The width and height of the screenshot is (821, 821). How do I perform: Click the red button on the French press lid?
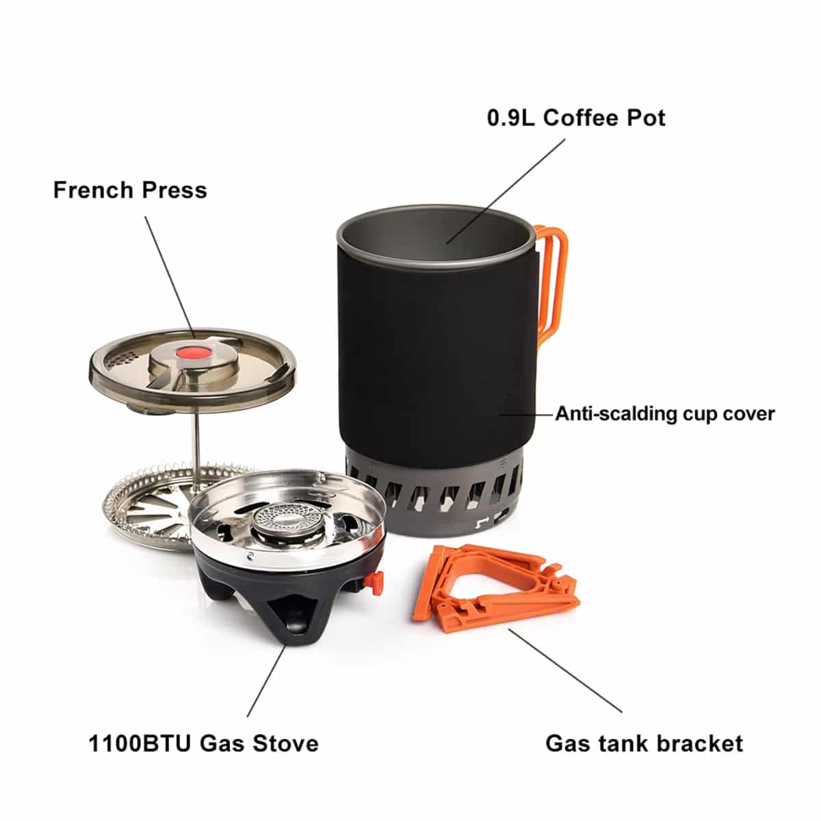pyautogui.click(x=191, y=353)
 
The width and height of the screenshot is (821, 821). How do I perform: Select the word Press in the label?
pyautogui.click(x=174, y=190)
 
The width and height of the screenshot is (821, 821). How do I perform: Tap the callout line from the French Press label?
pyautogui.click(x=170, y=277)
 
